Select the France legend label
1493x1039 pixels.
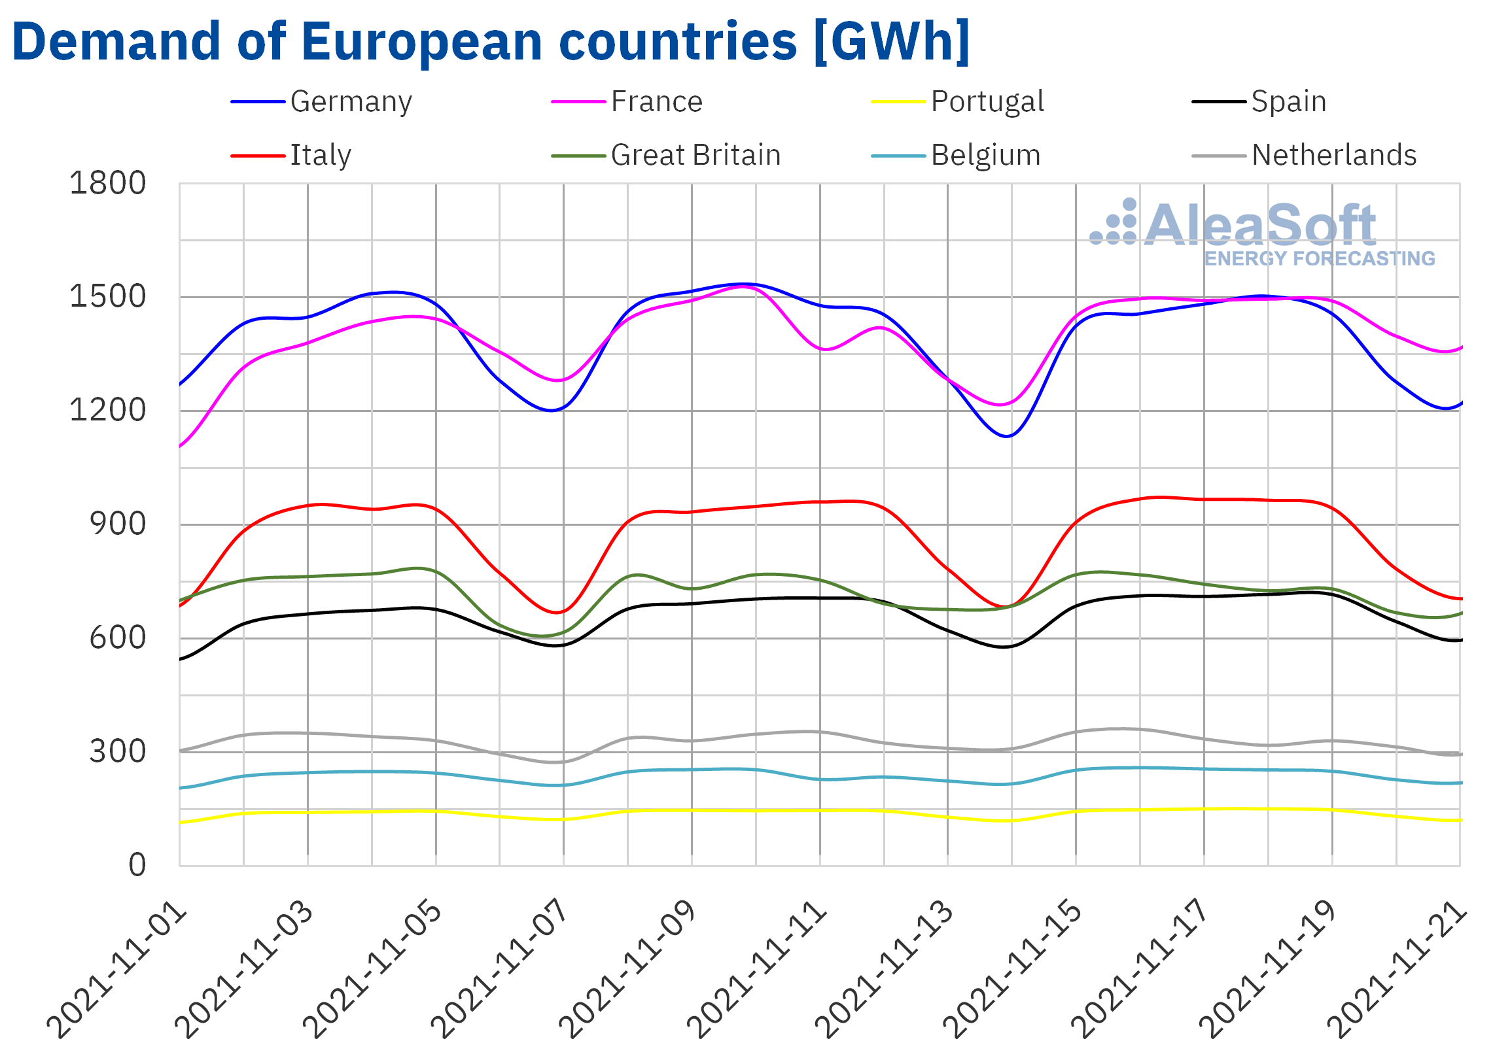pyautogui.click(x=656, y=102)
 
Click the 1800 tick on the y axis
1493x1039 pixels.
pyautogui.click(x=107, y=184)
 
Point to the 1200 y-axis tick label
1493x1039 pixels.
pyautogui.click(x=107, y=411)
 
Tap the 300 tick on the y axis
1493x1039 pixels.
pyautogui.click(x=118, y=752)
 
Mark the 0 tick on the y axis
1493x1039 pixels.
pyautogui.click(x=137, y=865)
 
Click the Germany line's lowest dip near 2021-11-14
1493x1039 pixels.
pyautogui.click(x=1007, y=436)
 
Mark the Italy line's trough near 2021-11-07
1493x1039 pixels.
pyautogui.click(x=557, y=613)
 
